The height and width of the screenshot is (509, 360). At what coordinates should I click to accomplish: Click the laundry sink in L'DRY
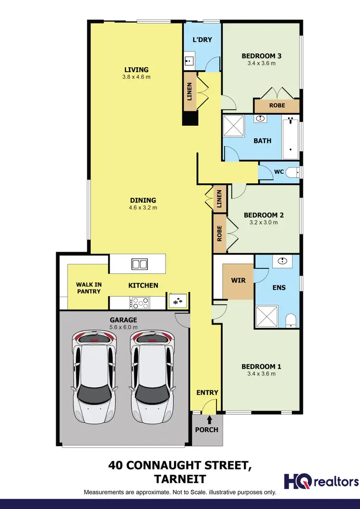189,61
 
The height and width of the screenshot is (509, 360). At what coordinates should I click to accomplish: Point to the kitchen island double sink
139,264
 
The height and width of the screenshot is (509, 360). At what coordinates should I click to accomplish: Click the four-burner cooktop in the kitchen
140,303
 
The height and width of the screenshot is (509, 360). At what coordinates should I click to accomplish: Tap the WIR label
238,279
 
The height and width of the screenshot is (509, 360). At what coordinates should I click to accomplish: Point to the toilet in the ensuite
291,320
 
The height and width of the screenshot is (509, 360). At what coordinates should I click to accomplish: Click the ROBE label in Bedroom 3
277,105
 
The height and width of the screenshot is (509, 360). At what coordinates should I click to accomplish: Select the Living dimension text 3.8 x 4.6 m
136,77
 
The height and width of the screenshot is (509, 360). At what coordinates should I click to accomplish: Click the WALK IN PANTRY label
88,288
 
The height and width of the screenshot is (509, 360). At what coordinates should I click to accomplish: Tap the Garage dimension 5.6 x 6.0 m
123,327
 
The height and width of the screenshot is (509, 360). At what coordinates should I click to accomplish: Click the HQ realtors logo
321,481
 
